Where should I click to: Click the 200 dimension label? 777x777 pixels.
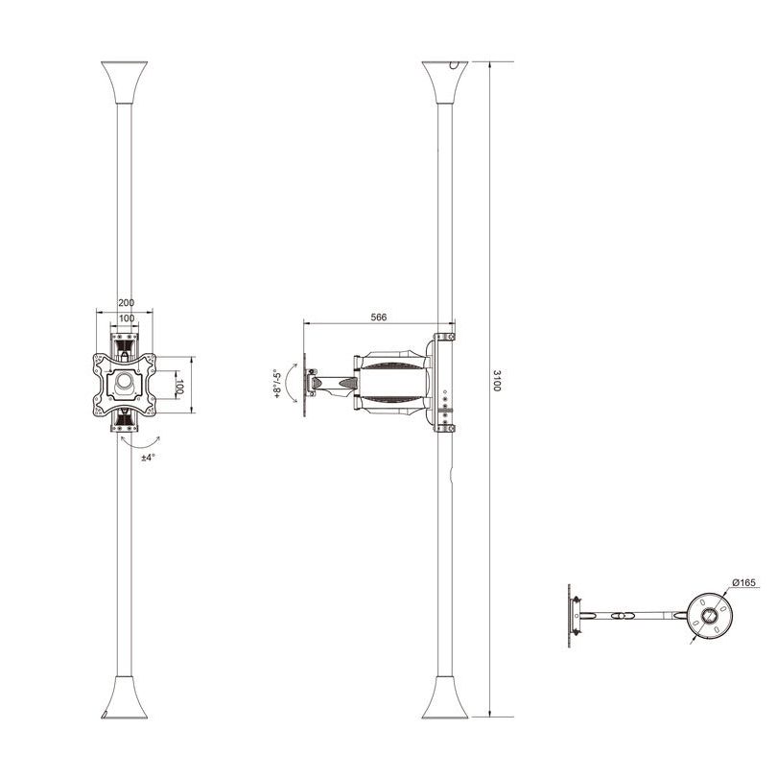(x=126, y=302)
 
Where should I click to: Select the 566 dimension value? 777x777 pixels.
(x=379, y=317)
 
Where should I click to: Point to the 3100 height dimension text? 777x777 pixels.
(x=496, y=382)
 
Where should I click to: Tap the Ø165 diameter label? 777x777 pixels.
(x=745, y=582)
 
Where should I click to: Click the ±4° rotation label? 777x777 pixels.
(x=148, y=458)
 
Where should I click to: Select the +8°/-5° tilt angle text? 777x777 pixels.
(x=277, y=383)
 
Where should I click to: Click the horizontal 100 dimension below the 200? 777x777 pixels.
(x=126, y=318)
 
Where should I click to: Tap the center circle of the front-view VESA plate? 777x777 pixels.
(x=126, y=382)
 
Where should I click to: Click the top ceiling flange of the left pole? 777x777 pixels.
(x=126, y=81)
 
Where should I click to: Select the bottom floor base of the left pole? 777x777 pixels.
(x=125, y=697)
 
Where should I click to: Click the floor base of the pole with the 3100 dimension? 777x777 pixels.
(x=445, y=697)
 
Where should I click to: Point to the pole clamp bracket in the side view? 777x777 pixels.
(x=444, y=384)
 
